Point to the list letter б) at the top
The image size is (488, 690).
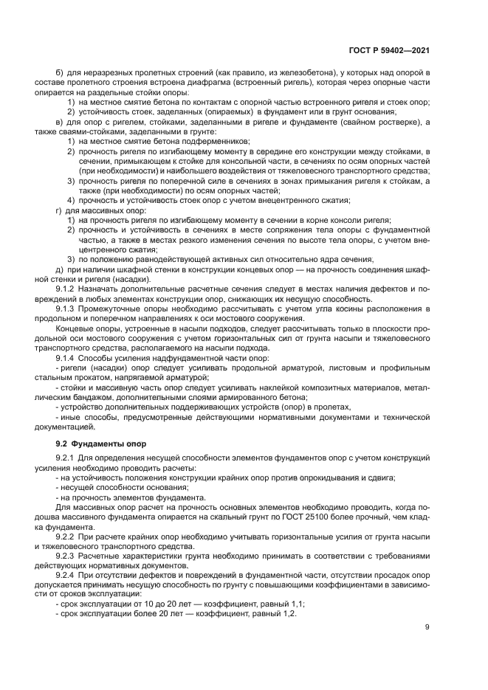coord(59,72)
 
